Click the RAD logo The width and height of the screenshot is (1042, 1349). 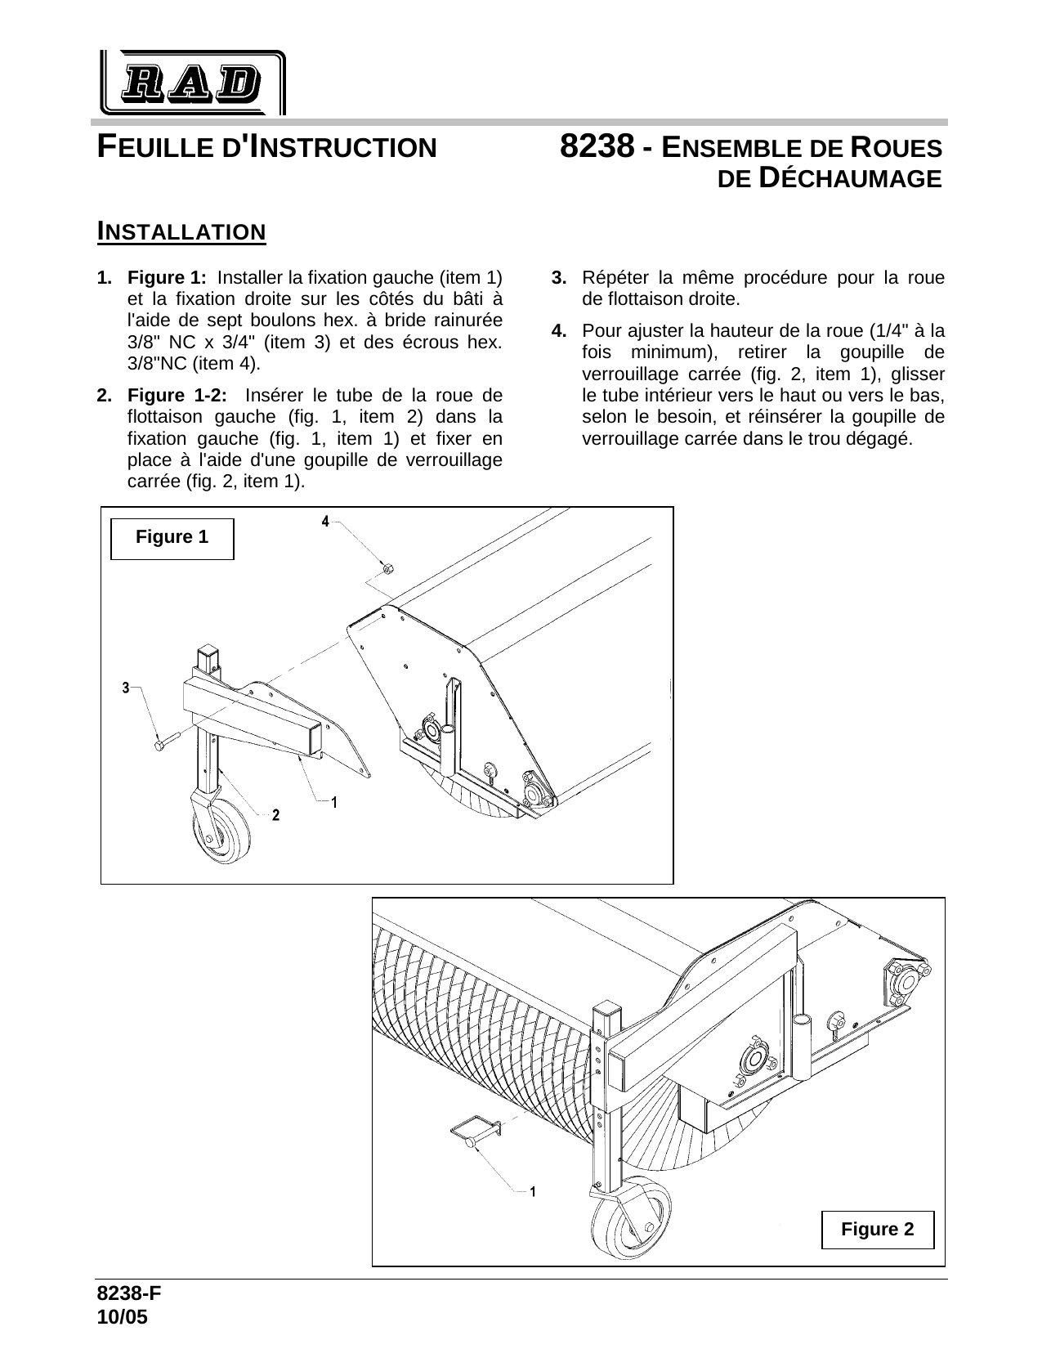193,82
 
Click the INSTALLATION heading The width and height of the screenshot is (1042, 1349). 181,232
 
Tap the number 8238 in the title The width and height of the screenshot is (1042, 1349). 597,147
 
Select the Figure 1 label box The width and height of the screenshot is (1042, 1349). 172,538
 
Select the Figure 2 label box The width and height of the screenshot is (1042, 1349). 878,1230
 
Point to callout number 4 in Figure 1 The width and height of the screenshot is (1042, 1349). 324,521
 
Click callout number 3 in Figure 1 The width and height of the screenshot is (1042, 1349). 126,688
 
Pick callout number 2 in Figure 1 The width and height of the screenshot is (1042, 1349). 276,815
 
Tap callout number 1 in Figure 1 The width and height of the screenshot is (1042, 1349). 335,802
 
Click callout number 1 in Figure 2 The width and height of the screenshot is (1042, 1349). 533,1191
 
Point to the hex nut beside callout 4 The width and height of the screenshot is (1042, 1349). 387,568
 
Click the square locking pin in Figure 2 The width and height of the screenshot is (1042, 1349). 474,1133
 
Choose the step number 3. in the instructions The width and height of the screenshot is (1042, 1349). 559,277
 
